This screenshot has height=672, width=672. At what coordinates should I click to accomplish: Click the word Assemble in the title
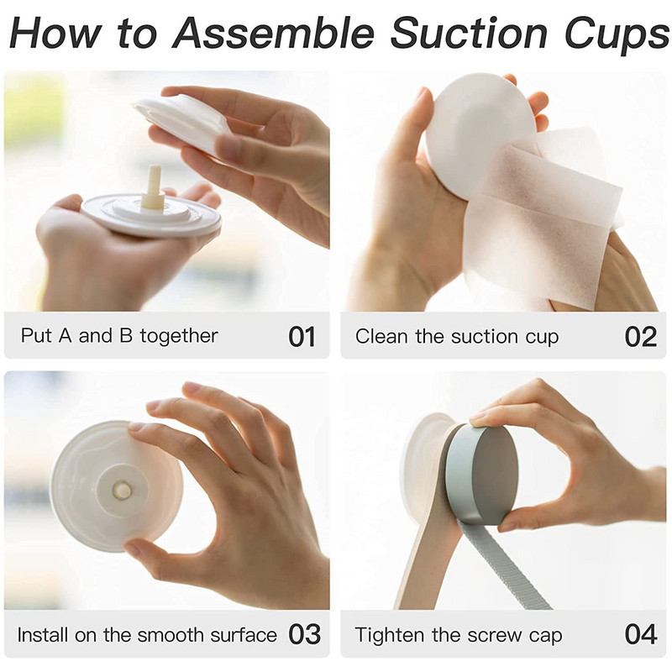pos(274,32)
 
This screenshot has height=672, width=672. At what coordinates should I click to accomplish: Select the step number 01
pos(302,337)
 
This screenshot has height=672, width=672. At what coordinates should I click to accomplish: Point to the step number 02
pos(640,337)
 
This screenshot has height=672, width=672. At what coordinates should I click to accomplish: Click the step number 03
pos(304,634)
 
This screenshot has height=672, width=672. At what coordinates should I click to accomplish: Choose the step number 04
pos(641,634)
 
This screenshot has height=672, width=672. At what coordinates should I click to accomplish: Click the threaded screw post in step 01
pos(154,186)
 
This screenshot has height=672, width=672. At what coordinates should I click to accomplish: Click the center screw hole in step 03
pos(122,491)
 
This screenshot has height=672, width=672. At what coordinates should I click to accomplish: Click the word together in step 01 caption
pos(179,336)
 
